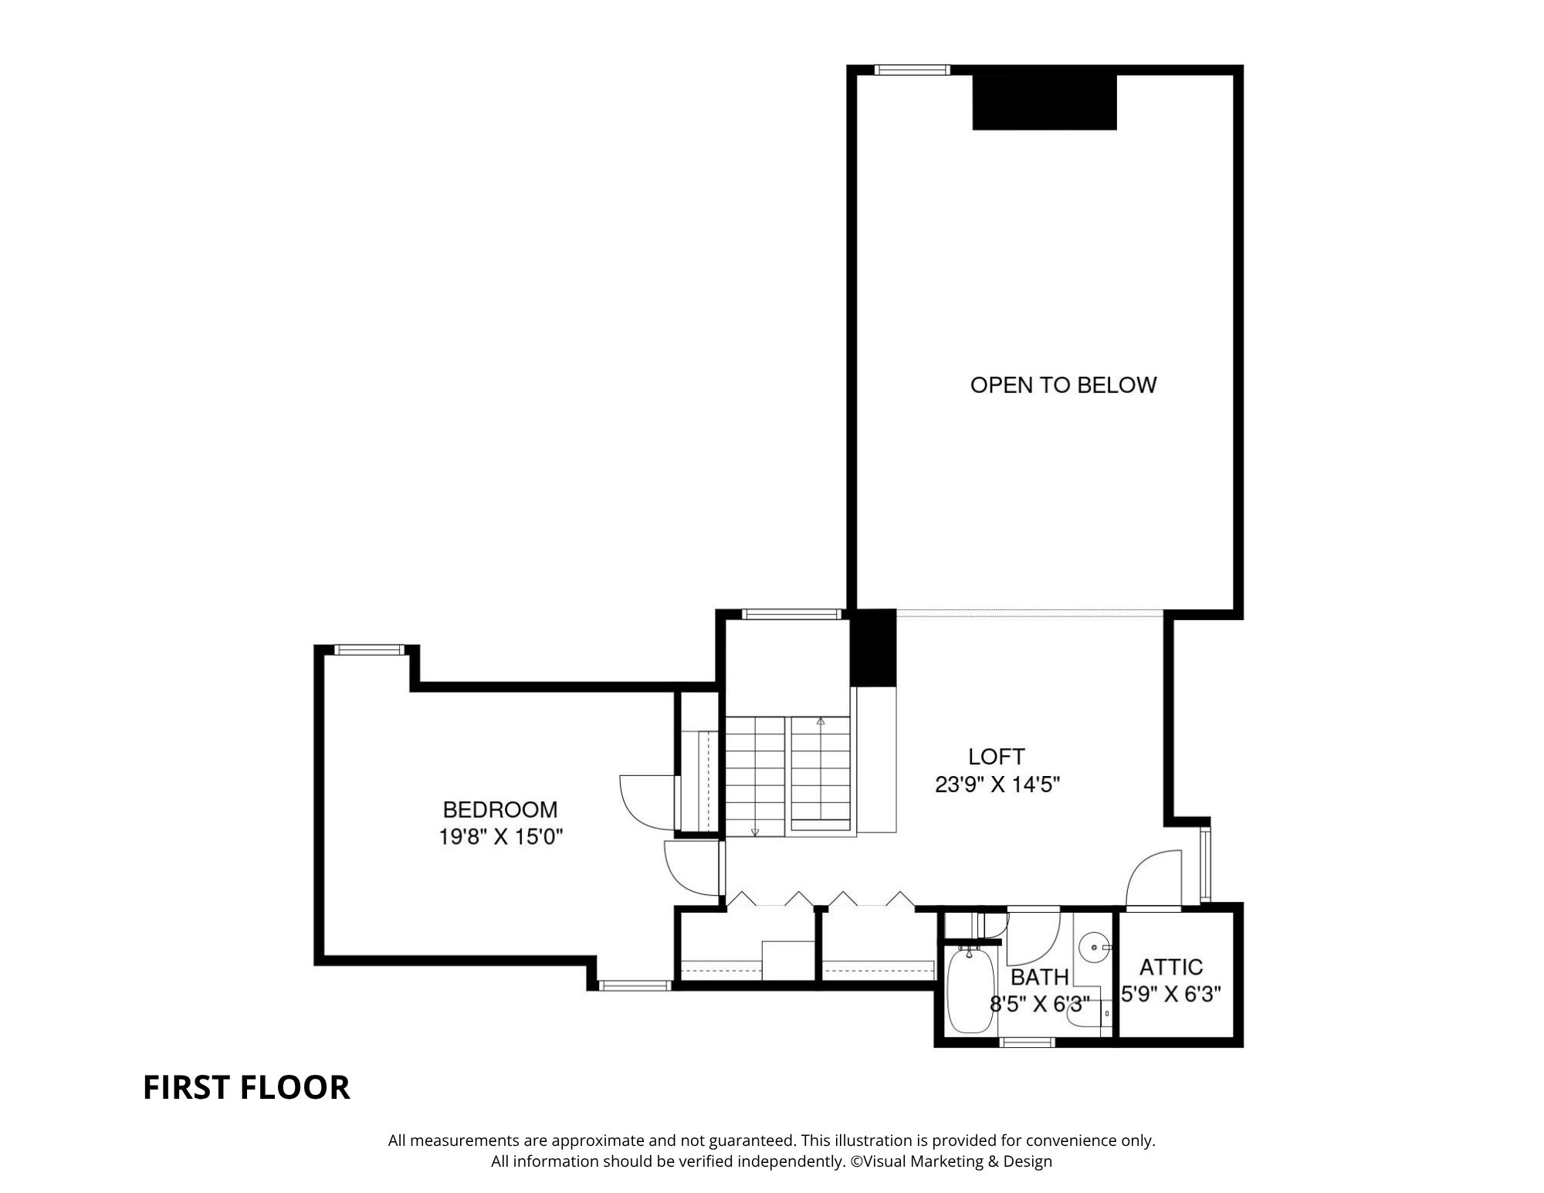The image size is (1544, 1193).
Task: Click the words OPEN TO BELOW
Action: point(1063,385)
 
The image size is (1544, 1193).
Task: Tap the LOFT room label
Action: point(996,756)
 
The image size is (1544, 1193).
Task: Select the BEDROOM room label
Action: point(500,809)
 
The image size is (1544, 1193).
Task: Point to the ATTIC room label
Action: point(1171,967)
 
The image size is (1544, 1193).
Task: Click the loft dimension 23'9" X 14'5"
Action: point(997,785)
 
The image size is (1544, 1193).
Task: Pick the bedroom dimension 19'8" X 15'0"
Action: point(501,837)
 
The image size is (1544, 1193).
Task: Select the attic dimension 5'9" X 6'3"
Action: point(1171,995)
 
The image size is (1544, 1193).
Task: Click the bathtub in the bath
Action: point(970,991)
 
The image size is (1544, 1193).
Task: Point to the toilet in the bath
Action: point(1089,1017)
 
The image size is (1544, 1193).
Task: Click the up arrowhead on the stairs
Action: point(821,721)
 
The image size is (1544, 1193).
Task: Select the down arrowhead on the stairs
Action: point(755,832)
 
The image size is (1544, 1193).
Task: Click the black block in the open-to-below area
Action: point(1045,102)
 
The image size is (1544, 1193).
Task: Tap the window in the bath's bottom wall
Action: point(1027,1042)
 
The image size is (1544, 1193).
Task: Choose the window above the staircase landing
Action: point(791,615)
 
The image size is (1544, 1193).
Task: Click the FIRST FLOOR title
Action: point(246,1087)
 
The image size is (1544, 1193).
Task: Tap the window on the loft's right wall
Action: point(1206,864)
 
